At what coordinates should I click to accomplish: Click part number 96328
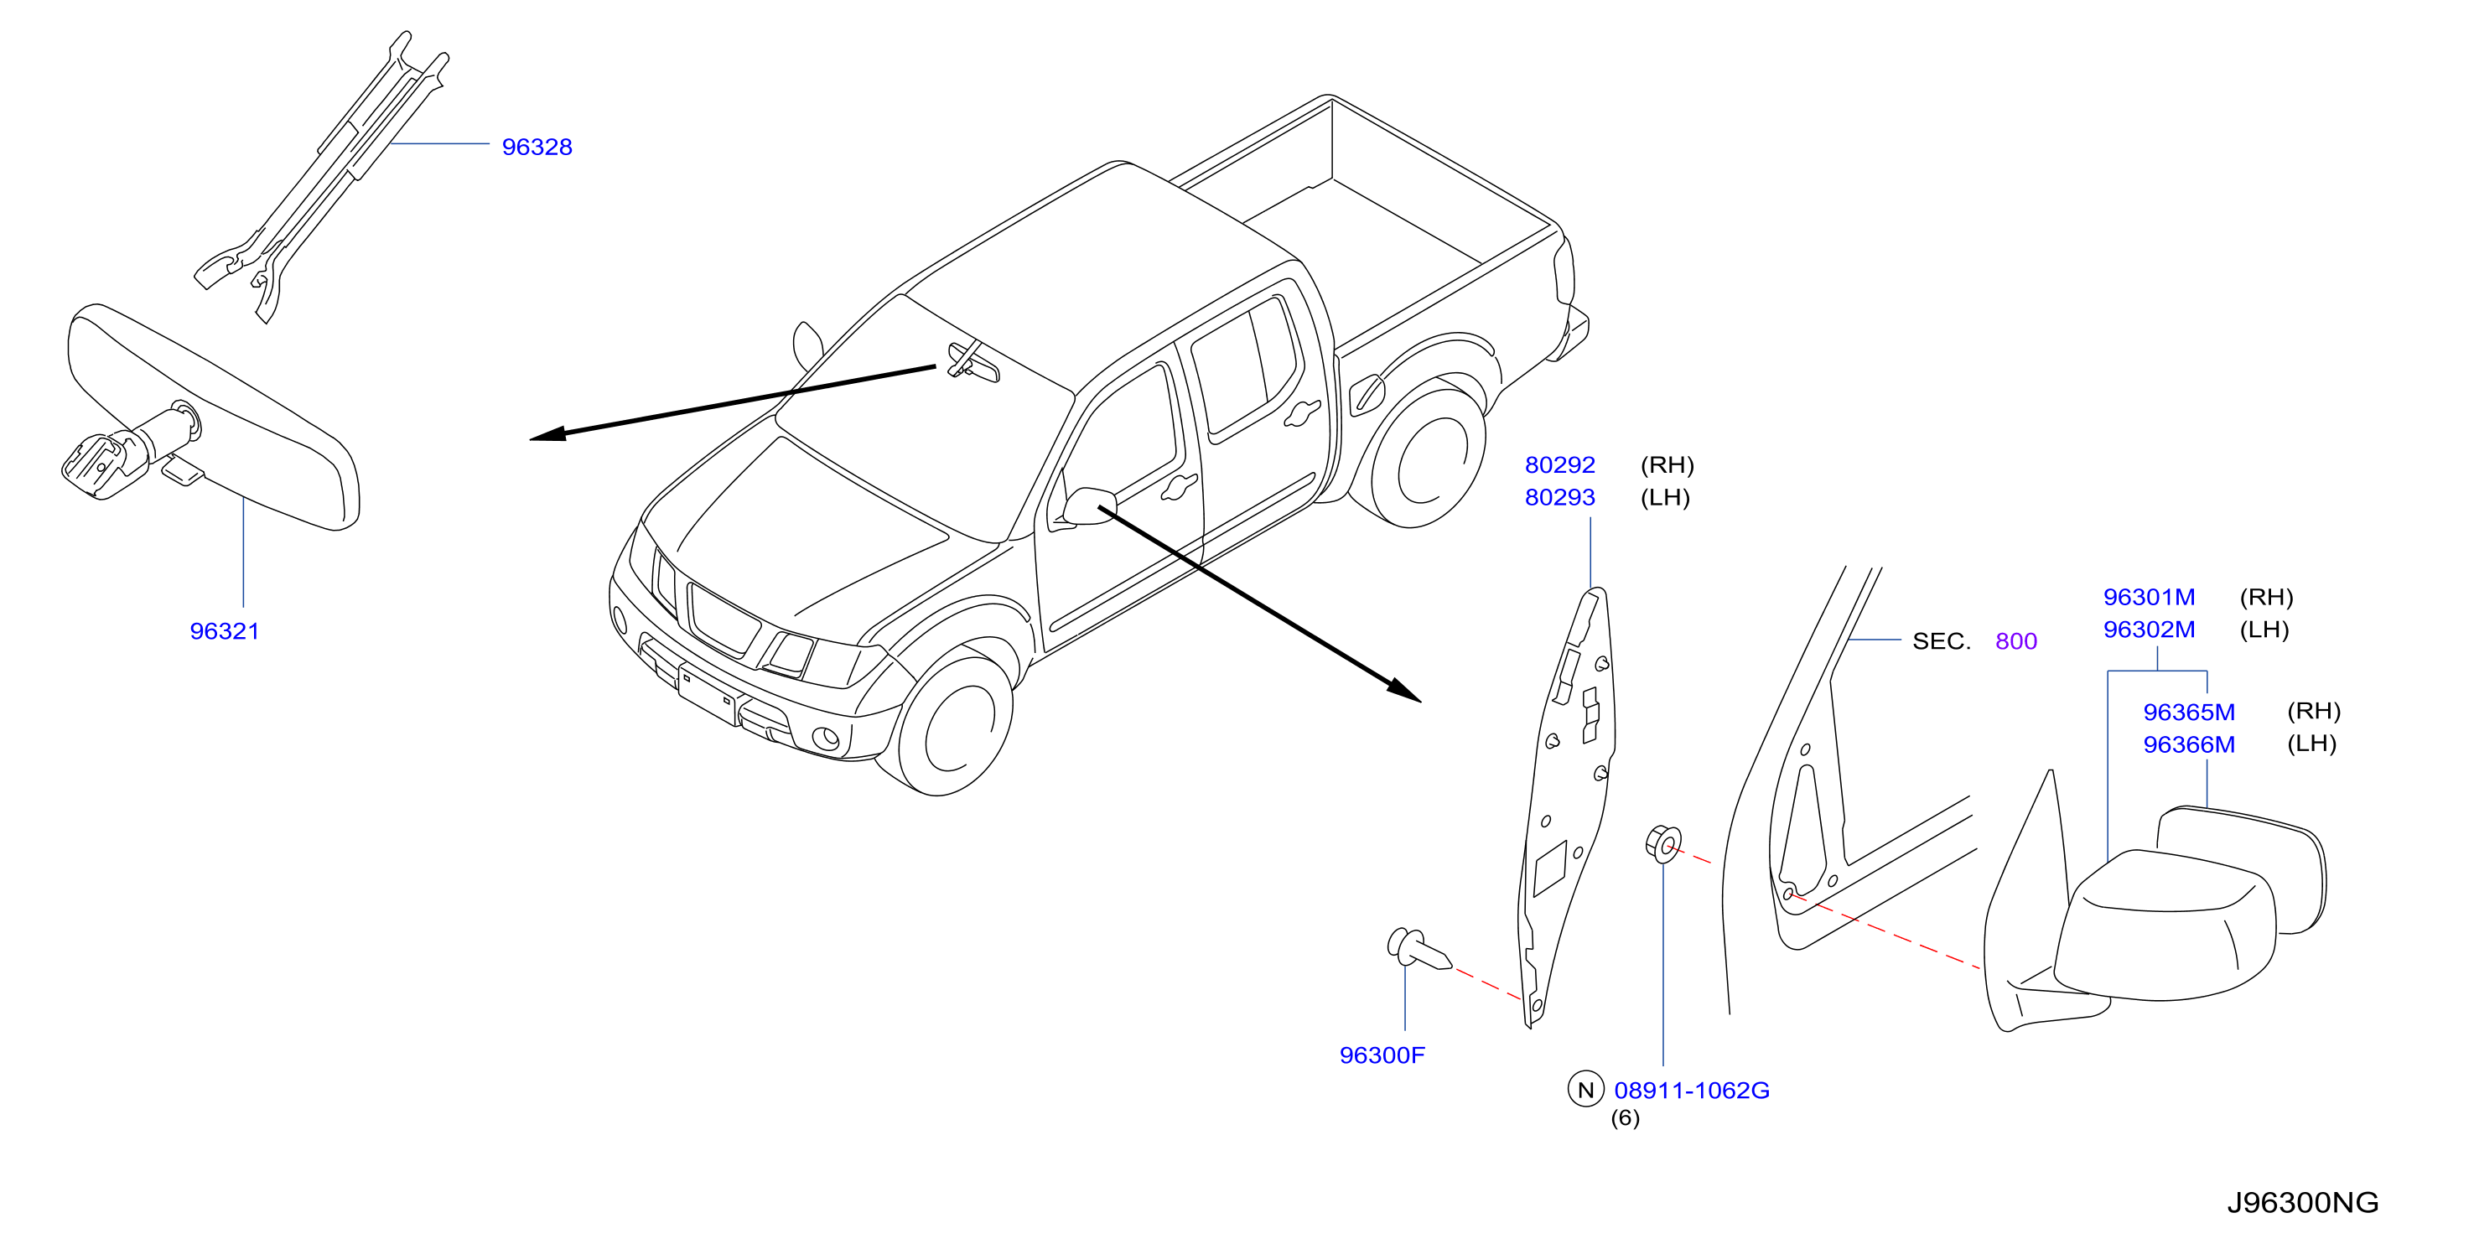coord(537,147)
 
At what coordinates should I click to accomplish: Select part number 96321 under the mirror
coord(225,631)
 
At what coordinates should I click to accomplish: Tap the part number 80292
coord(1559,465)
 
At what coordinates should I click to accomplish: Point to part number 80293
coord(1559,498)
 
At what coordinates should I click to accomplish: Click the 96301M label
coord(2150,598)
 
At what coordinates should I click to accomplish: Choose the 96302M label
coord(2150,630)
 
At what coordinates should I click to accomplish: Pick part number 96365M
coord(2189,712)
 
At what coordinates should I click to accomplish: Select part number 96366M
coord(2189,744)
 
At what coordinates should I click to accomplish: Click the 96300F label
coord(1382,1055)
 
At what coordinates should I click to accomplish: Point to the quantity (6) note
coord(1625,1118)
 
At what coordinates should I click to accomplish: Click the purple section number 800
coord(2016,640)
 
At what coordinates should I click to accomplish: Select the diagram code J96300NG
coord(2302,1203)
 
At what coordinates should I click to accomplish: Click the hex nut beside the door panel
coord(1663,844)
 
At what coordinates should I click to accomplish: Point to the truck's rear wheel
coord(1428,459)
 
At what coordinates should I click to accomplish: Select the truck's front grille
coord(724,620)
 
